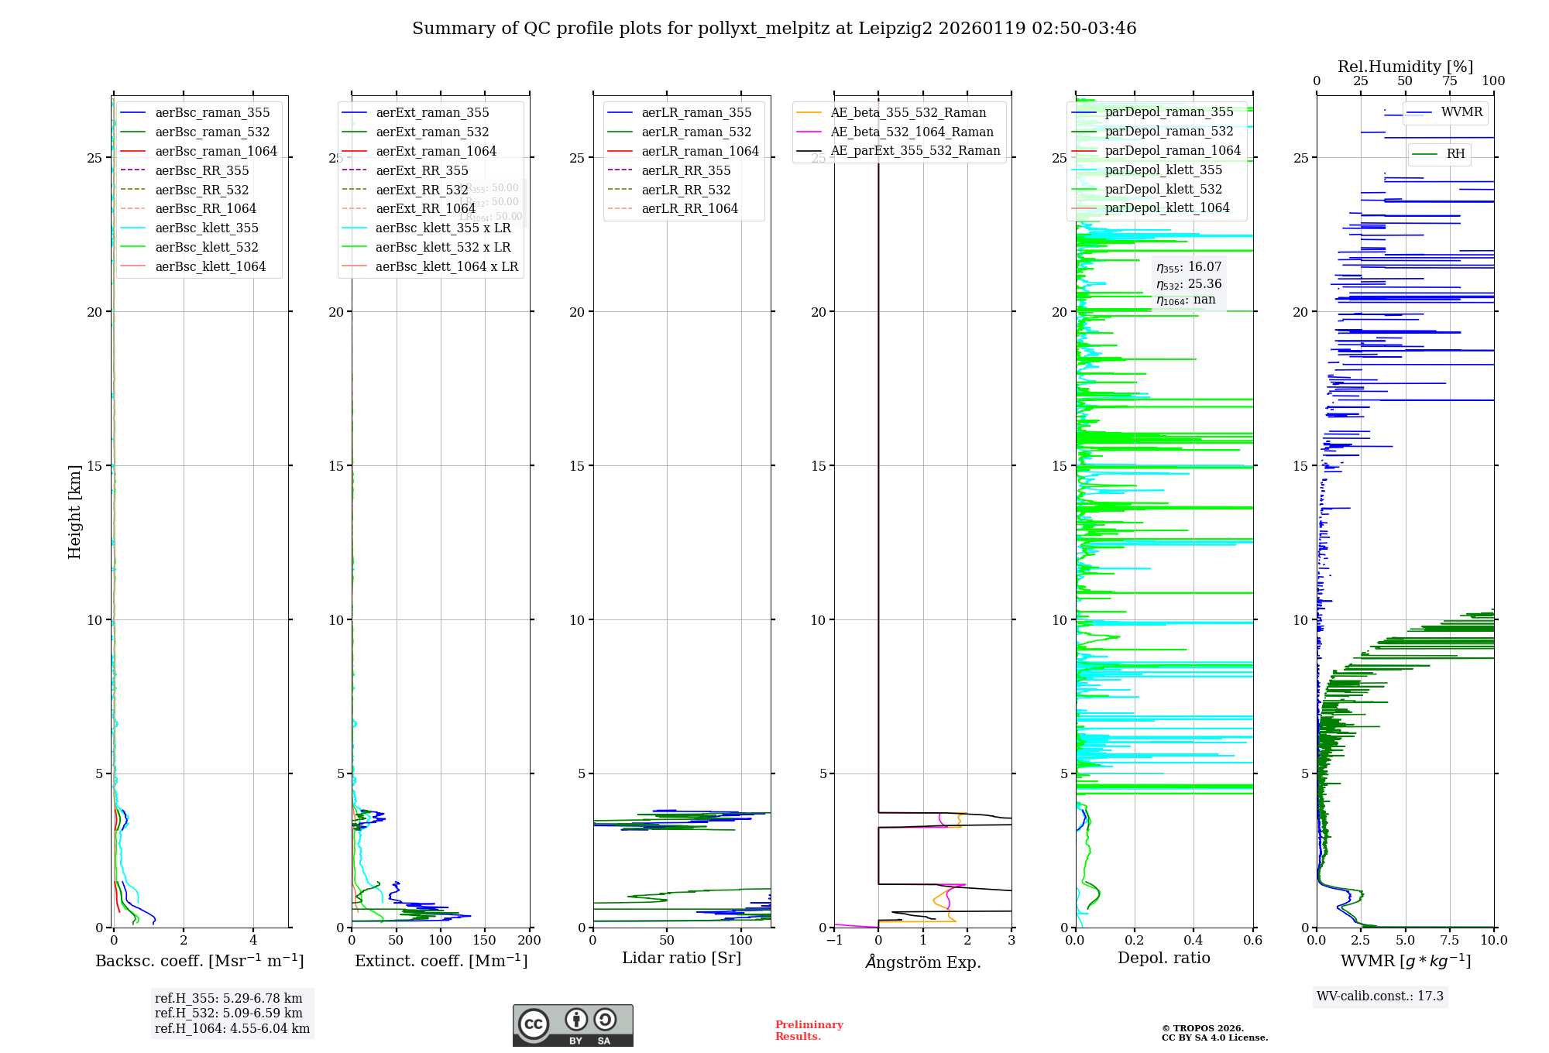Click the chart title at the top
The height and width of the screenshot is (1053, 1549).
pos(774,29)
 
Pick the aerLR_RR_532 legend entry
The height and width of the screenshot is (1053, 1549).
pos(685,190)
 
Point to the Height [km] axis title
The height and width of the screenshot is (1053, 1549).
pos(74,511)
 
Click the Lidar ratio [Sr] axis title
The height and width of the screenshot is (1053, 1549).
pos(681,958)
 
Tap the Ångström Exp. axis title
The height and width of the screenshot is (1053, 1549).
pos(922,962)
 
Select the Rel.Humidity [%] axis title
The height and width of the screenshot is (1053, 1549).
pos(1405,67)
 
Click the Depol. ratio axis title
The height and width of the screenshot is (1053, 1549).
pos(1163,958)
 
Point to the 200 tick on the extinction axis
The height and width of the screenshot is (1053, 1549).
pos(530,941)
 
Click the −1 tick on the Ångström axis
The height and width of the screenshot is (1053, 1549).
pos(834,941)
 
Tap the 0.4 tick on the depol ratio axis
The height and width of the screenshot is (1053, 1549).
pos(1194,941)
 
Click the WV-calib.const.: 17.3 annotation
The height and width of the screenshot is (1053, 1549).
pos(1379,996)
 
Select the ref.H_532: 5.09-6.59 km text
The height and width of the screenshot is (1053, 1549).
pos(228,1013)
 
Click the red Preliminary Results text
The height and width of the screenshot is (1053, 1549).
pos(809,1030)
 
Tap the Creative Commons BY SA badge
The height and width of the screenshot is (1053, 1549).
pos(572,1025)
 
